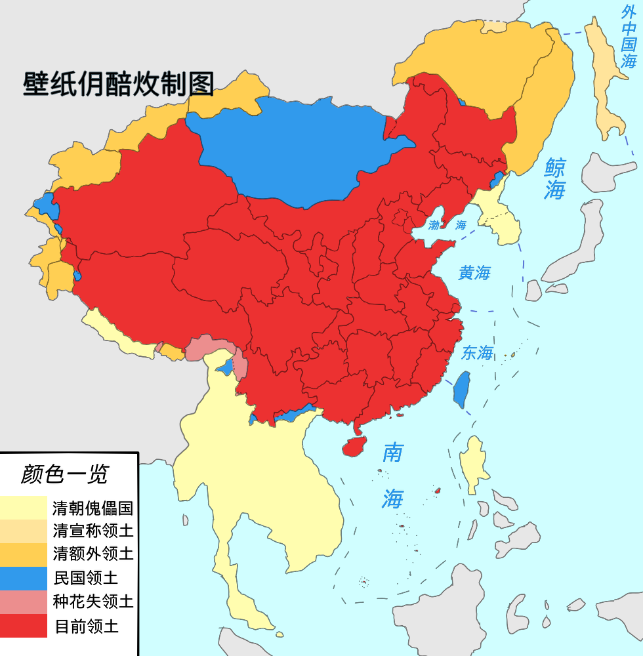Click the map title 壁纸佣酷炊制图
click(x=119, y=84)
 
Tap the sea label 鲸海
click(x=554, y=178)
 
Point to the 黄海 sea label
click(x=474, y=273)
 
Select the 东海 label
click(x=477, y=353)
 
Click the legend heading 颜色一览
click(x=64, y=474)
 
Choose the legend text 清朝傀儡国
click(x=93, y=508)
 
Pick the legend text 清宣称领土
click(x=93, y=530)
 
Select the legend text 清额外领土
click(x=93, y=554)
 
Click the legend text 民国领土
click(x=86, y=578)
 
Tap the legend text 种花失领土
click(x=93, y=602)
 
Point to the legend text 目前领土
click(x=86, y=626)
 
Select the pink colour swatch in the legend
click(x=24, y=602)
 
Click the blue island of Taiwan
click(x=463, y=388)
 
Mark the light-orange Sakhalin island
click(x=608, y=79)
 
